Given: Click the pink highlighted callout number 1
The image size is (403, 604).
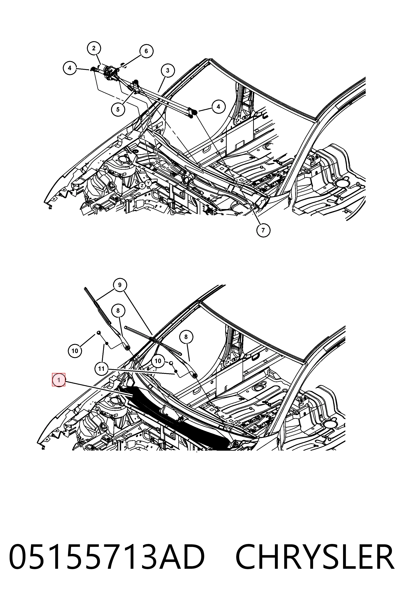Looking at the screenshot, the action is coord(59,379).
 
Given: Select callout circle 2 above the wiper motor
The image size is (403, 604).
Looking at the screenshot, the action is coord(94,48).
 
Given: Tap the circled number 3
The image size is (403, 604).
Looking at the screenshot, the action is coord(167,70).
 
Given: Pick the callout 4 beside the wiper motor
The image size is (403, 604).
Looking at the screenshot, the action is coord(70,68).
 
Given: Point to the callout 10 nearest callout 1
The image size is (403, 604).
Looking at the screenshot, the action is coord(75,351).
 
